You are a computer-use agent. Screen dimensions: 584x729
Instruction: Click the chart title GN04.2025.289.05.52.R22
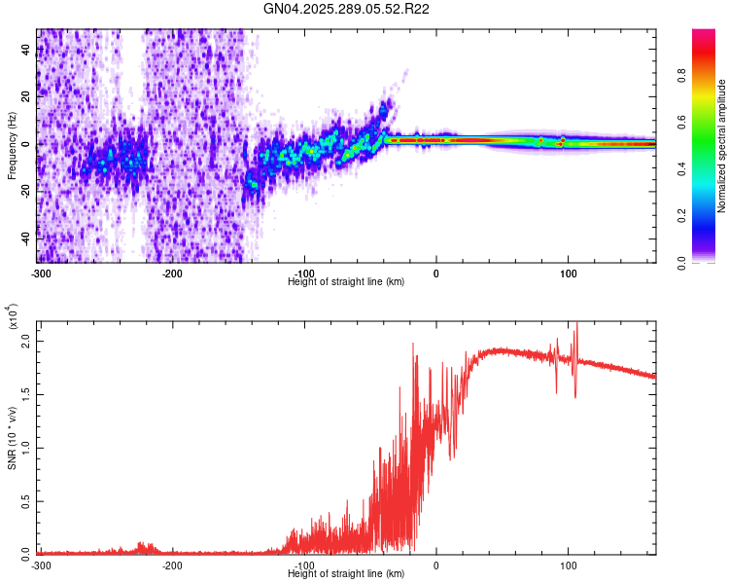pos(347,9)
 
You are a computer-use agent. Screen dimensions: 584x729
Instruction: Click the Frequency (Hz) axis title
pos(12,146)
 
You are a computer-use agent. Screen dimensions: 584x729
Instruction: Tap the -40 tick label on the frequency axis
pos(23,237)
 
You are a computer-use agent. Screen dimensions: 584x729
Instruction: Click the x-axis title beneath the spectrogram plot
pos(347,281)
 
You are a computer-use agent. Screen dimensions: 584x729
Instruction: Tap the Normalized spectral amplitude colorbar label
pos(722,146)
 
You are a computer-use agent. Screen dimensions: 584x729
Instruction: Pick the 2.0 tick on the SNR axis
pos(25,342)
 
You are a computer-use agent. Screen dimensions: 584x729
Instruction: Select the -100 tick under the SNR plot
pos(303,565)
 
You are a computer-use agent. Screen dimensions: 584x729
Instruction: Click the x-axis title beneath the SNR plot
pos(347,573)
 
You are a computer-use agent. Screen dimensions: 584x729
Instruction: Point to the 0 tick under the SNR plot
pos(435,565)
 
